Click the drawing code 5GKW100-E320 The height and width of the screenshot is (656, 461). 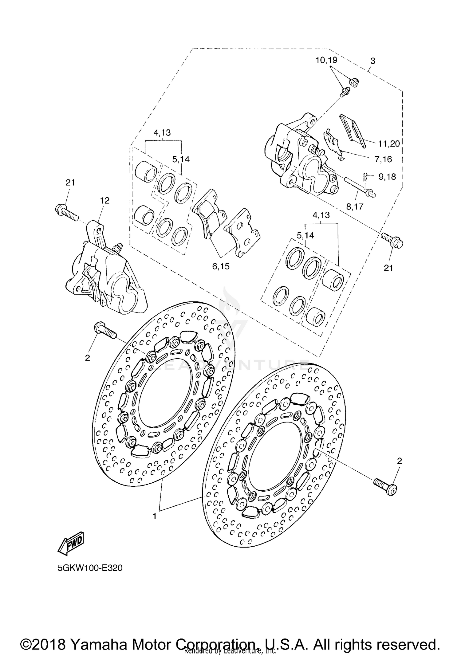point(90,568)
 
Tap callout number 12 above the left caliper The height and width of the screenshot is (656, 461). point(104,201)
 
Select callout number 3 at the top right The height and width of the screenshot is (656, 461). point(373,61)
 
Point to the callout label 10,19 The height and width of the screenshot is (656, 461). point(326,60)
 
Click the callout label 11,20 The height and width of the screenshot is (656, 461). point(389,143)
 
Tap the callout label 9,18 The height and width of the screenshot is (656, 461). point(387,177)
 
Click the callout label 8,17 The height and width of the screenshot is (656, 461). point(355,206)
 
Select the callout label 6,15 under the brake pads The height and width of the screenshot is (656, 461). point(221,266)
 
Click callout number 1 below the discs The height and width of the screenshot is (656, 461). point(155,516)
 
